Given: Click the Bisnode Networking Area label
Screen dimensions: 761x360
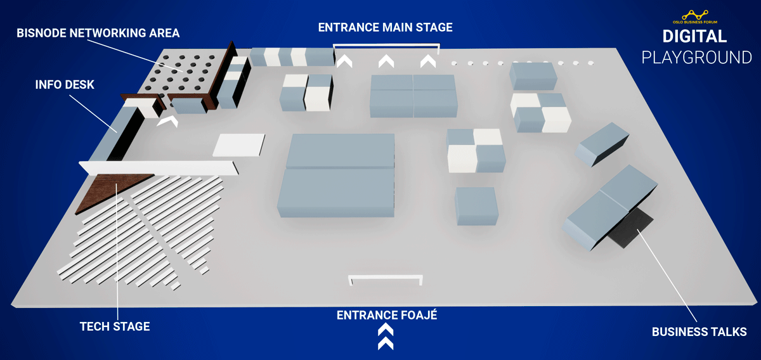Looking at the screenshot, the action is tap(98, 33).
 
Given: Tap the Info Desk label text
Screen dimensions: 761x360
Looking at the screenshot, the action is tap(65, 84).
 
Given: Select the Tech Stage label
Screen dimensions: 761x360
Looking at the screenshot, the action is tap(115, 326).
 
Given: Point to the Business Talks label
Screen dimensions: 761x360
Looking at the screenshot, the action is tap(699, 331).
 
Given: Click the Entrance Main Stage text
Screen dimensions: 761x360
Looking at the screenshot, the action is tap(386, 27).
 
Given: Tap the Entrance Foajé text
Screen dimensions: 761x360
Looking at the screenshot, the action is tap(387, 315).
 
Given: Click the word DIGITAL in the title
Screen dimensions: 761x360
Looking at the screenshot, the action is tap(694, 36).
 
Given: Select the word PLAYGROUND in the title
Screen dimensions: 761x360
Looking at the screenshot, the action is tap(696, 58).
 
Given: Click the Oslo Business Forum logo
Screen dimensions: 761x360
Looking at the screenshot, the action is tap(695, 17).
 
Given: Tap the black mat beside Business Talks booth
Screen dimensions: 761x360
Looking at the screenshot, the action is tap(630, 228).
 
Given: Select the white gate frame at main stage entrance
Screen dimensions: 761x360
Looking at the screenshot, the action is tap(386, 45).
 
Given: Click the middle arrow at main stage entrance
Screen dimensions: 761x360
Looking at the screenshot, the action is tap(386, 61).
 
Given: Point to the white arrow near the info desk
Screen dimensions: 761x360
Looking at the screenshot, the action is tap(167, 120).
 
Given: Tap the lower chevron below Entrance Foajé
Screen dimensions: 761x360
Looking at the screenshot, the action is tap(386, 344).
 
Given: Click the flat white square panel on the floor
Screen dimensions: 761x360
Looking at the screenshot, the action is tap(239, 145).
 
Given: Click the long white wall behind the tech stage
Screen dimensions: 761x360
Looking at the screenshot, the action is tap(159, 168).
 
